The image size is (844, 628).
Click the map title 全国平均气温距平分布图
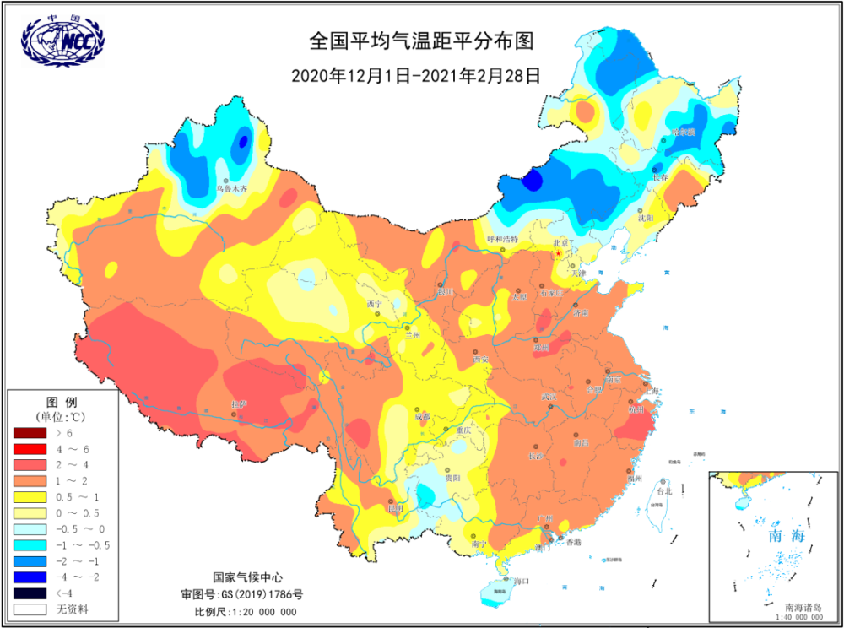click(x=422, y=41)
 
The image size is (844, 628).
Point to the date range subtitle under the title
click(x=415, y=74)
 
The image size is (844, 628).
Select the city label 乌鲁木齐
click(x=234, y=190)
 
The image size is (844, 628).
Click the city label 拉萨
click(x=239, y=404)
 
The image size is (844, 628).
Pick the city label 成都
click(x=421, y=416)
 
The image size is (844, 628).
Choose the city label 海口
click(x=521, y=581)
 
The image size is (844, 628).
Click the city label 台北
click(x=664, y=490)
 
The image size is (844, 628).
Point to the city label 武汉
click(x=549, y=397)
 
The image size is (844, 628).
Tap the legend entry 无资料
click(x=72, y=608)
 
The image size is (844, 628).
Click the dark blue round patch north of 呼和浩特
click(x=532, y=180)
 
